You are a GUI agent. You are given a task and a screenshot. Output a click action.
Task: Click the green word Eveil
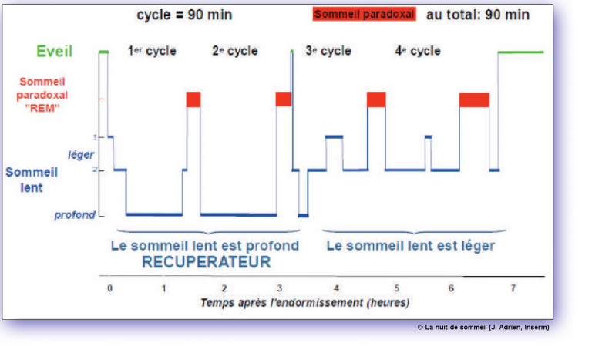(x=54, y=52)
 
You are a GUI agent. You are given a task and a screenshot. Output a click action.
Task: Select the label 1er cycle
(x=151, y=52)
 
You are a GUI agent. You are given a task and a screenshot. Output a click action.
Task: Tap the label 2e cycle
(x=234, y=52)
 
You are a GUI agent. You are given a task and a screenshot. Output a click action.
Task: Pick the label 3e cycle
(x=329, y=52)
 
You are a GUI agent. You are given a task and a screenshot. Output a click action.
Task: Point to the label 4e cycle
(x=418, y=52)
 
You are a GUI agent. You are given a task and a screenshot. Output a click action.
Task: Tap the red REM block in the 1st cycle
(x=193, y=99)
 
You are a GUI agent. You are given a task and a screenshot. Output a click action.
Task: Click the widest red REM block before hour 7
(x=474, y=99)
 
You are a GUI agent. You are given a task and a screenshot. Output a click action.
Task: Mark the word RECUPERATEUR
(x=206, y=263)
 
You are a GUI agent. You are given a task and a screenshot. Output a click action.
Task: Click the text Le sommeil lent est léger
(x=410, y=246)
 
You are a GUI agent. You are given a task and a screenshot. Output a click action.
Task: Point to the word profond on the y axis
(x=75, y=215)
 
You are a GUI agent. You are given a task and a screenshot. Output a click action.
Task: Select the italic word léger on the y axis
(x=80, y=155)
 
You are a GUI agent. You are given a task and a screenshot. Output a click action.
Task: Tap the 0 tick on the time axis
(x=109, y=288)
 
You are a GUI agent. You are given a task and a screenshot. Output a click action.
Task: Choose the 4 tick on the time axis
(x=336, y=288)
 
